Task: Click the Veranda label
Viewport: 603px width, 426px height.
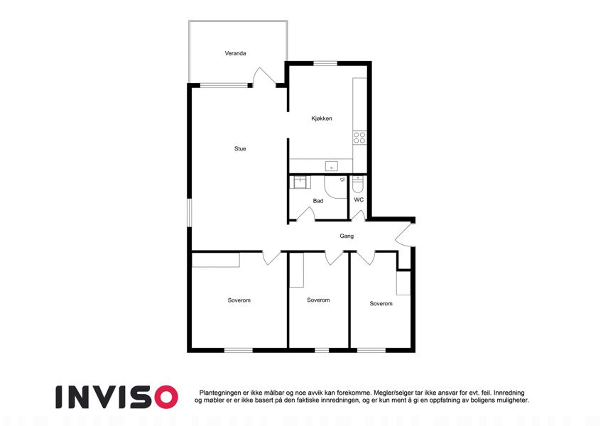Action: pos(235,53)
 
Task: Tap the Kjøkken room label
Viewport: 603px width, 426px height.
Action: pos(322,119)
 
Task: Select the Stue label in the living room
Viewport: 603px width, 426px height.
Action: pos(240,148)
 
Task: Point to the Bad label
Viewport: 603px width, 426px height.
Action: pos(318,201)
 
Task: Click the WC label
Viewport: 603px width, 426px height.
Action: pos(359,200)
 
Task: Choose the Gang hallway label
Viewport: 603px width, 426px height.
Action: pos(347,236)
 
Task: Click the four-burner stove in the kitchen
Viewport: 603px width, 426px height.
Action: pos(359,137)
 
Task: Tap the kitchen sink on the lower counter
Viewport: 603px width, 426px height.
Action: pos(331,166)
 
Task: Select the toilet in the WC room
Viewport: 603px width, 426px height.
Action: pos(358,184)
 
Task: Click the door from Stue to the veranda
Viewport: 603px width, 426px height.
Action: pos(265,77)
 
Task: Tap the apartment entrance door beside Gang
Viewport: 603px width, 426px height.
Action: pos(405,235)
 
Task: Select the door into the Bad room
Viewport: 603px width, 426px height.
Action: pos(306,214)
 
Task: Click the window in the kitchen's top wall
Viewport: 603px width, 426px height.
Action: pos(325,63)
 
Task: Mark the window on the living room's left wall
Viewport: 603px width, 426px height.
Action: pos(189,212)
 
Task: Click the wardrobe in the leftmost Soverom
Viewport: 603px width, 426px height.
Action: pos(216,260)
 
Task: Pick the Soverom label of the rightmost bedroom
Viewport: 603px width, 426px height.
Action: pos(381,303)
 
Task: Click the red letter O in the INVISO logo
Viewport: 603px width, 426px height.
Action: pos(165,397)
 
